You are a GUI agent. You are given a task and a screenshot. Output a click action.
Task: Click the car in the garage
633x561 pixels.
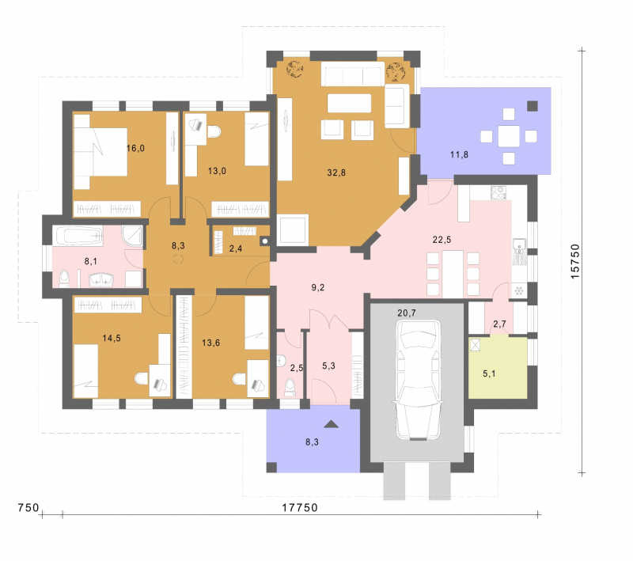pyautogui.click(x=418, y=380)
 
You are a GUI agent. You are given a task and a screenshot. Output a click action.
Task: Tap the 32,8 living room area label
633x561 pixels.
pyautogui.click(x=336, y=172)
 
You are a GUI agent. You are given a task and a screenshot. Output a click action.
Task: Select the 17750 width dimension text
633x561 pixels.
pyautogui.click(x=300, y=508)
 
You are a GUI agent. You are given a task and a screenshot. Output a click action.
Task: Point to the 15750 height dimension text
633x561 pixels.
pyautogui.click(x=575, y=261)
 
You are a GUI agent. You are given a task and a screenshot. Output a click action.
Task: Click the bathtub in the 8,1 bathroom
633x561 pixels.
pyautogui.click(x=79, y=236)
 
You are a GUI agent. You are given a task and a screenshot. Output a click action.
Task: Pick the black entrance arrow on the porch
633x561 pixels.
pyautogui.click(x=331, y=424)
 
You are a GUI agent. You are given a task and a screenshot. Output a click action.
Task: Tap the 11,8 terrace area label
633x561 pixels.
pyautogui.click(x=459, y=154)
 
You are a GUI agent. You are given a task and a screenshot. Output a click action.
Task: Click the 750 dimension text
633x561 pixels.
pyautogui.click(x=28, y=507)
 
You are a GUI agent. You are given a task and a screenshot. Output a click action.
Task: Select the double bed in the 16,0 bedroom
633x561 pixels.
pyautogui.click(x=100, y=152)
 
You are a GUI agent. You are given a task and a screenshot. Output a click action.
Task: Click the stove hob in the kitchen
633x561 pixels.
pyautogui.click(x=498, y=192)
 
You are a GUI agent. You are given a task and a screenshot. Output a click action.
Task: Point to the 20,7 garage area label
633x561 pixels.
pyautogui.click(x=407, y=313)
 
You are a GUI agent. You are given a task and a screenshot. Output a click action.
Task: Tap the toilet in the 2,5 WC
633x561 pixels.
pyautogui.click(x=290, y=387)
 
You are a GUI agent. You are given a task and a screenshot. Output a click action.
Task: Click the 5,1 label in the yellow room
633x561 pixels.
pyautogui.click(x=489, y=373)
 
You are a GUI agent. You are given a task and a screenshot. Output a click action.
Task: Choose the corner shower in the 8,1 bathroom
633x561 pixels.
pyautogui.click(x=132, y=236)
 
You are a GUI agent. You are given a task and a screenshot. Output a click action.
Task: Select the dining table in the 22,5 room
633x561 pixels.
pyautogui.click(x=453, y=274)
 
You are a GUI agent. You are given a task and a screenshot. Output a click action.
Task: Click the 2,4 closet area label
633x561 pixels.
pyautogui.click(x=235, y=248)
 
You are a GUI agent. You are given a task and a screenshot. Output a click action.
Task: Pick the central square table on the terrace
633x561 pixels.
pyautogui.click(x=509, y=136)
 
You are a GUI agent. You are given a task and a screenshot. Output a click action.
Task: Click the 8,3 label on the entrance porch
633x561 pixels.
pyautogui.click(x=312, y=442)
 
